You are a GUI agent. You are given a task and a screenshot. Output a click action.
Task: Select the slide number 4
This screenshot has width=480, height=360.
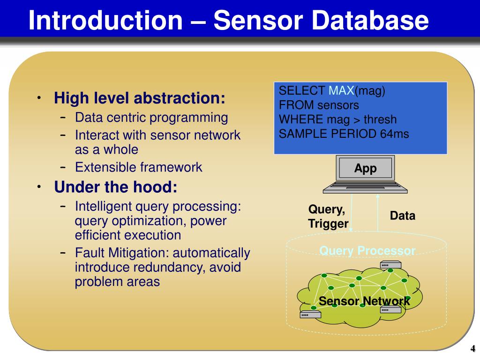[x=473, y=349]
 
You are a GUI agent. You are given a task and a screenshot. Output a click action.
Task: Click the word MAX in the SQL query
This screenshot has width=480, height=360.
[x=341, y=91]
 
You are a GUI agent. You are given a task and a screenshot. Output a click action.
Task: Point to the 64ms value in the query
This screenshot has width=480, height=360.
[x=394, y=134]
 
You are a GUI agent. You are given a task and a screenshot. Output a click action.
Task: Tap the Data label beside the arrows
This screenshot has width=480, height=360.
[x=402, y=216]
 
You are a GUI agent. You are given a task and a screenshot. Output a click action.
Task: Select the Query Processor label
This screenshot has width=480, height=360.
[x=367, y=251]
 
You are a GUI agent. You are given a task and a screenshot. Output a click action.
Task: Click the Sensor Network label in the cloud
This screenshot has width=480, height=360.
[x=364, y=301]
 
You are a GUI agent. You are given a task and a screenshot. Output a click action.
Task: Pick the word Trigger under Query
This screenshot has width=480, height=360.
[x=328, y=224]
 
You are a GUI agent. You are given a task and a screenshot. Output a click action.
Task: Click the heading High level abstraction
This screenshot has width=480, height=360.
[x=140, y=98]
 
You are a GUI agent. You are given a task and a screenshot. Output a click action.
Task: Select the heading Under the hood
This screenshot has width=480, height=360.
[x=116, y=187]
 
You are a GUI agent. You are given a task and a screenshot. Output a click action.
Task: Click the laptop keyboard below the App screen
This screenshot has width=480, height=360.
[x=365, y=187]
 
